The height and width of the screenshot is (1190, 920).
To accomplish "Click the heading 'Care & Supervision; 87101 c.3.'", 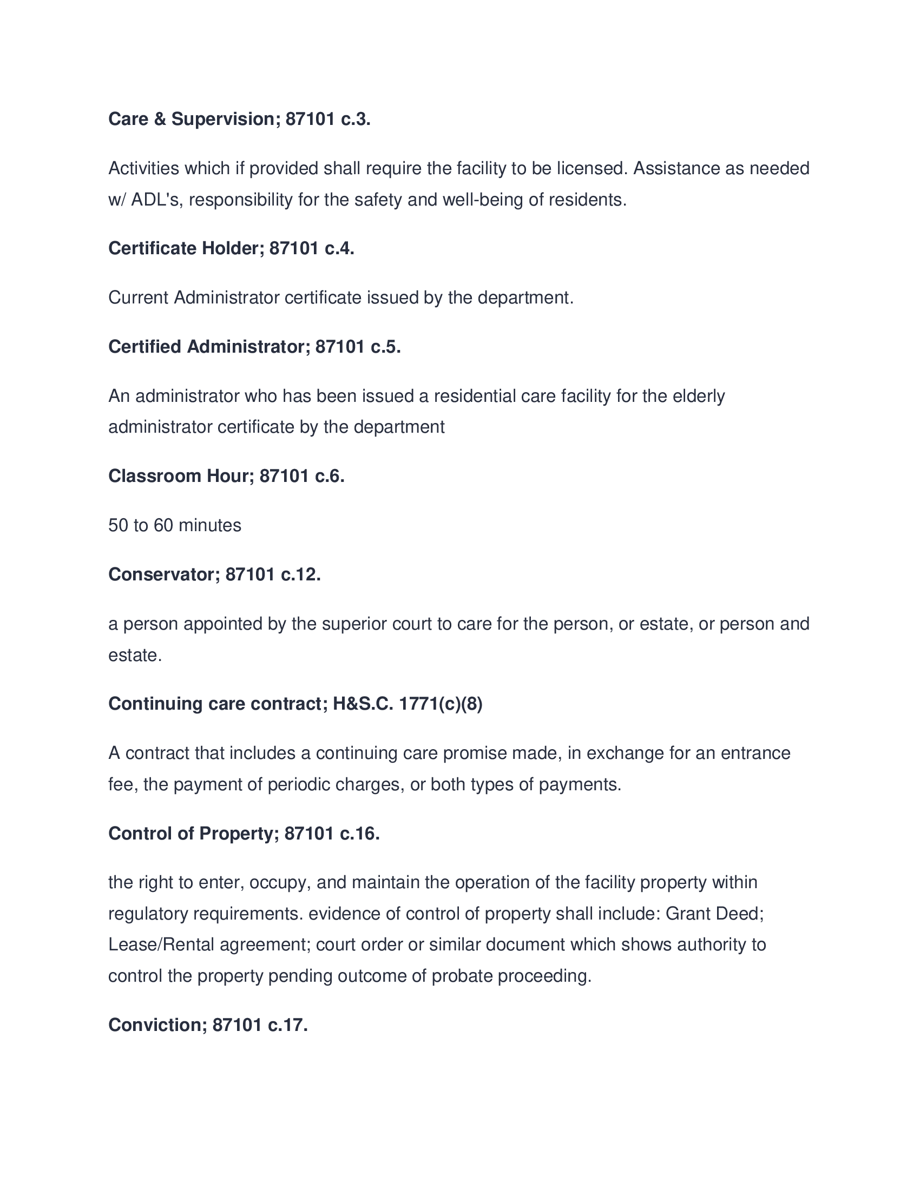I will click(x=239, y=119).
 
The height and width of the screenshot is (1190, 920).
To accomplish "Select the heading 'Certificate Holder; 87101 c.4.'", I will click(x=231, y=248).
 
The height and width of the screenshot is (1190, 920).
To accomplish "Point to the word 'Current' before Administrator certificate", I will click(x=139, y=297).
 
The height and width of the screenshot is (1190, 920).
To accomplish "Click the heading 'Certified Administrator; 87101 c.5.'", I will click(x=254, y=347).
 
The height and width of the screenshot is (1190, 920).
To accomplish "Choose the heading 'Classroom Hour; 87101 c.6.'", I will click(x=226, y=476).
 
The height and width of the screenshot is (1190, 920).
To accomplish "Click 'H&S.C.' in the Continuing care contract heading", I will click(x=363, y=704).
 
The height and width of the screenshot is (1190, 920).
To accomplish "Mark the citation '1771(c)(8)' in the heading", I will click(x=441, y=704).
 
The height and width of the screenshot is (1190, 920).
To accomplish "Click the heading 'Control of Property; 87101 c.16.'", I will click(x=244, y=834).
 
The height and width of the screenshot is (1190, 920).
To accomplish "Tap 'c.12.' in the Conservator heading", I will click(x=301, y=574).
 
